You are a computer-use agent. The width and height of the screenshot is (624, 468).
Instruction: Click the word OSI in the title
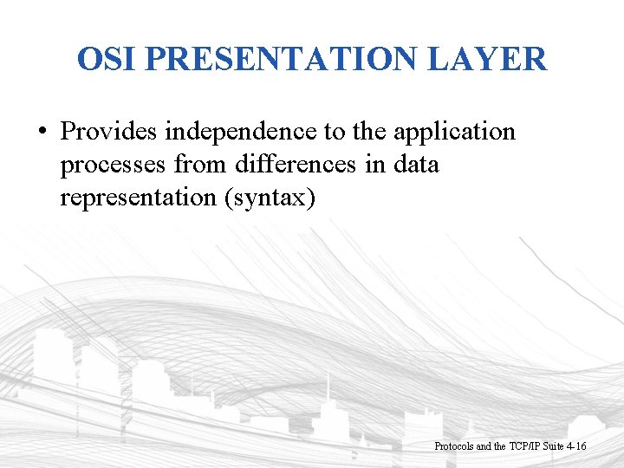pos(107,59)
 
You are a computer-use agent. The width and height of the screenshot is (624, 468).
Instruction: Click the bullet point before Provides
pos(42,133)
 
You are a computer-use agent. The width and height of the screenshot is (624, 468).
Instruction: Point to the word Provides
pos(108,132)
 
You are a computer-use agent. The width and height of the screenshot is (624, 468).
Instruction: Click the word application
pos(454,132)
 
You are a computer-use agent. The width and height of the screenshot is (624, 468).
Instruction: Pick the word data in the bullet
pos(415,165)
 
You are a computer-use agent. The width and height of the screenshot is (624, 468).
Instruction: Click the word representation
pos(139,198)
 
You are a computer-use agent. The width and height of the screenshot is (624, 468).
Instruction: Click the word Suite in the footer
pos(551,446)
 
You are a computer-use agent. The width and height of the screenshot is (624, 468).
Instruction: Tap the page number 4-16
pos(576,446)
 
